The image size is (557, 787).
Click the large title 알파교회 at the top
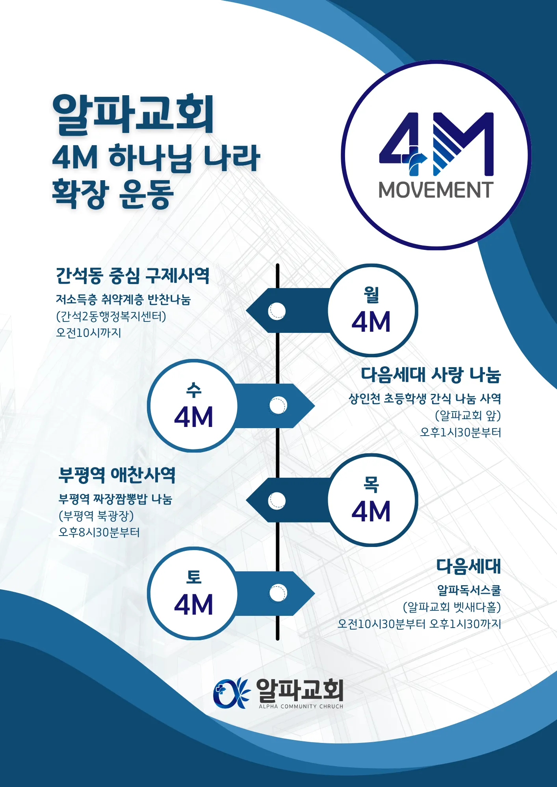click(133, 114)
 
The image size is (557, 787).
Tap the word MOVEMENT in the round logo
click(436, 190)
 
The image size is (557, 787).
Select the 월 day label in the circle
click(371, 294)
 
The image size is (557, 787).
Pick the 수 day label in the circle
click(194, 390)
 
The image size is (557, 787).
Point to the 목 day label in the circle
click(371, 484)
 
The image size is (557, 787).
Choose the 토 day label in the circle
click(194, 577)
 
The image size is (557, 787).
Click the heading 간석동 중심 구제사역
click(132, 275)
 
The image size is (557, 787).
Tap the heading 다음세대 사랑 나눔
click(431, 375)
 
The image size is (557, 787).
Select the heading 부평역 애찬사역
click(117, 475)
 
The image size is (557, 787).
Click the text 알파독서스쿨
click(469, 590)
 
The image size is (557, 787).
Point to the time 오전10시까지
click(89, 333)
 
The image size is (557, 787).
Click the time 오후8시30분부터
click(99, 532)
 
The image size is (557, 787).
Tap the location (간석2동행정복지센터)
click(111, 316)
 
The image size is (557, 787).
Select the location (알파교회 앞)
click(468, 416)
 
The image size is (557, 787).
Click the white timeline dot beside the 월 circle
click(277, 311)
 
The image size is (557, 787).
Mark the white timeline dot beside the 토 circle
click(278, 593)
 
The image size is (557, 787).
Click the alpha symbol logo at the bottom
click(231, 693)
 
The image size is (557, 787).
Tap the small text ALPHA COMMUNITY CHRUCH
click(301, 706)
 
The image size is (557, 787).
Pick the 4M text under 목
click(371, 511)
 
